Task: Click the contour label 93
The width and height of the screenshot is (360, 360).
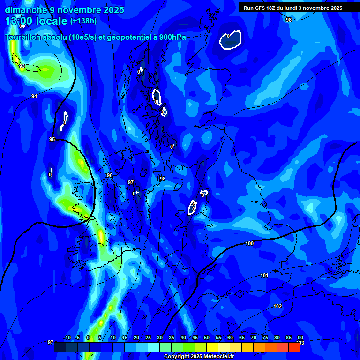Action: point(22,67)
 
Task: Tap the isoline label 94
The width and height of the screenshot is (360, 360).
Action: point(34,96)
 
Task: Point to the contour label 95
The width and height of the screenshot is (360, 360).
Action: point(52,139)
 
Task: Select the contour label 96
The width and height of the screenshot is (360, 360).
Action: point(110,175)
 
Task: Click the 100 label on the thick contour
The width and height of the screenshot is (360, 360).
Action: point(249,243)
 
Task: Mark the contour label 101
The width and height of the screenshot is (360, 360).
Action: point(264,275)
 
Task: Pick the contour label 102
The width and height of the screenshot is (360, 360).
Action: point(277,306)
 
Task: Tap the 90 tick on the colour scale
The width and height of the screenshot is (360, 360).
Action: point(300,338)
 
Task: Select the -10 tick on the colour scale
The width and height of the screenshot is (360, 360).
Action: point(67,338)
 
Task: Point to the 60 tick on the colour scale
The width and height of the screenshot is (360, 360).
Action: point(230,338)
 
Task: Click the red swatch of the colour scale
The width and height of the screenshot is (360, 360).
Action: point(294,347)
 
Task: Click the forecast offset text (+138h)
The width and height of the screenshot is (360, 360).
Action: point(83,21)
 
